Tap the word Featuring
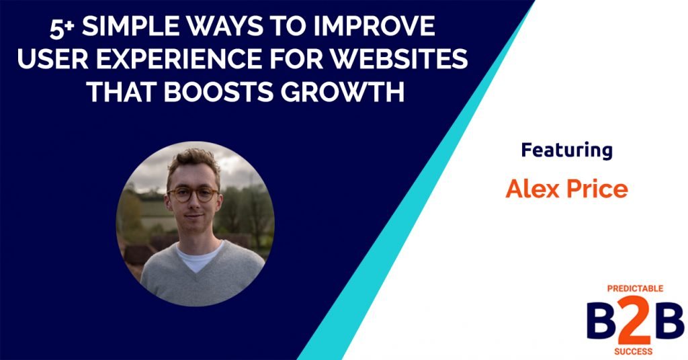click(x=566, y=150)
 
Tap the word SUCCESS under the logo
click(x=632, y=351)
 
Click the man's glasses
click(x=192, y=195)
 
